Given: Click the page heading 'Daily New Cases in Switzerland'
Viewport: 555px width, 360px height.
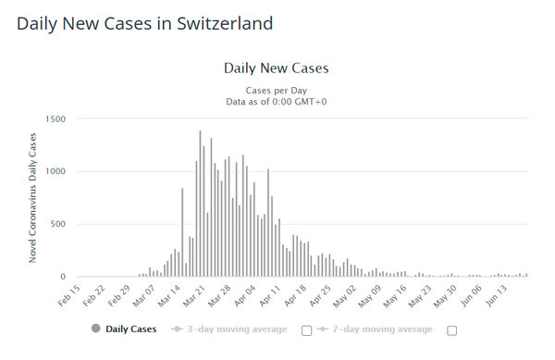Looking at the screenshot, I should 145,23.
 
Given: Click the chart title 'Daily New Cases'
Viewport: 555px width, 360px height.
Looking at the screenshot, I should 277,68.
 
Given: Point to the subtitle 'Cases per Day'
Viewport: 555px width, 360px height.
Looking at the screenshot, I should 277,89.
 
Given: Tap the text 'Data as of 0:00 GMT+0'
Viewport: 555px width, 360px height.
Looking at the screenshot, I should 277,101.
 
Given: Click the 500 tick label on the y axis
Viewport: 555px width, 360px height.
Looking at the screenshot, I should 58,224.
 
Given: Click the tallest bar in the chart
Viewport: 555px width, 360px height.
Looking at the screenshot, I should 200,204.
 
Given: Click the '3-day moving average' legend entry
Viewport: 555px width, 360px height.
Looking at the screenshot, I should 228,329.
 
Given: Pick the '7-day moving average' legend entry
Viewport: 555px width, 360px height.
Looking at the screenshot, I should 375,329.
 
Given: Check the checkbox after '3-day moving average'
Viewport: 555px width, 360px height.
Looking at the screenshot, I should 306,329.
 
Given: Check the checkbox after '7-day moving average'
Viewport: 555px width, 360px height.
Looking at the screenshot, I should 452,329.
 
